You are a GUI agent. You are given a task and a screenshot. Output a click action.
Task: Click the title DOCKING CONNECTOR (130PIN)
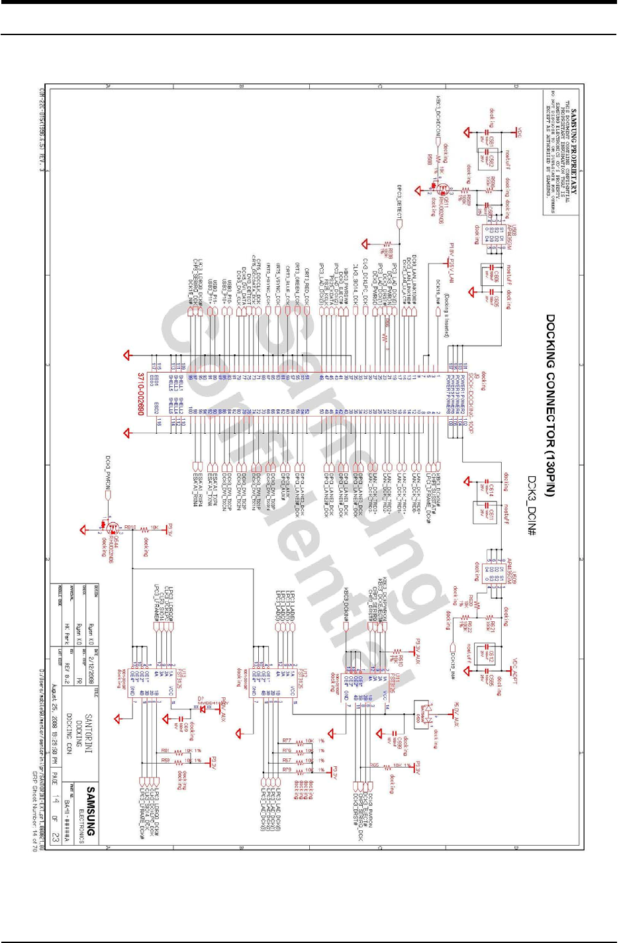click(550, 405)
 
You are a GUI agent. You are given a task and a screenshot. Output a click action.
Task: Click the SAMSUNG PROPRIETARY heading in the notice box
click(574, 152)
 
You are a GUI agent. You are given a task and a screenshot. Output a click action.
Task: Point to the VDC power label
click(518, 133)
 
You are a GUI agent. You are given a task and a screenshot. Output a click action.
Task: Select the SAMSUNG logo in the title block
click(91, 811)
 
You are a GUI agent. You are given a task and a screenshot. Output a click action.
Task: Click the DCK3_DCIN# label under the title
click(530, 507)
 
